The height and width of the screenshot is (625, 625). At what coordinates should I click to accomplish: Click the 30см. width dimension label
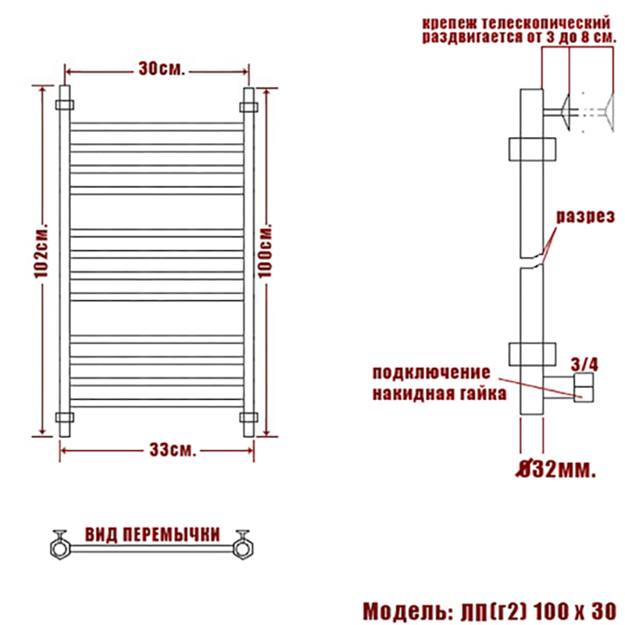pyautogui.click(x=162, y=69)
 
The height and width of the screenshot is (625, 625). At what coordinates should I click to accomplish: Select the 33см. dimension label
pyautogui.click(x=173, y=450)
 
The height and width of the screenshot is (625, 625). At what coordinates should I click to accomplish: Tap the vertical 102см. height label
pyautogui.click(x=41, y=250)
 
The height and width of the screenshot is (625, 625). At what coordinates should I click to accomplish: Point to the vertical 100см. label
pyautogui.click(x=265, y=251)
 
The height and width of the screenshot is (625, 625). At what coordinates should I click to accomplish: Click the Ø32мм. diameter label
pyautogui.click(x=556, y=470)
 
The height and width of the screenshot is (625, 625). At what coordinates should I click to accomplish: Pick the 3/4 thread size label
pyautogui.click(x=584, y=364)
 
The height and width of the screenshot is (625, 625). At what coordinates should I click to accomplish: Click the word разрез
pyautogui.click(x=585, y=216)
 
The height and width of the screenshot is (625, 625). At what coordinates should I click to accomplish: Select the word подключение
pyautogui.click(x=431, y=373)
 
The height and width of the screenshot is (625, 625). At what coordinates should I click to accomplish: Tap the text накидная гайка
pyautogui.click(x=439, y=394)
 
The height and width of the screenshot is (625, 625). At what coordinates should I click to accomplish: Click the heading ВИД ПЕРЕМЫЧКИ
pyautogui.click(x=152, y=534)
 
